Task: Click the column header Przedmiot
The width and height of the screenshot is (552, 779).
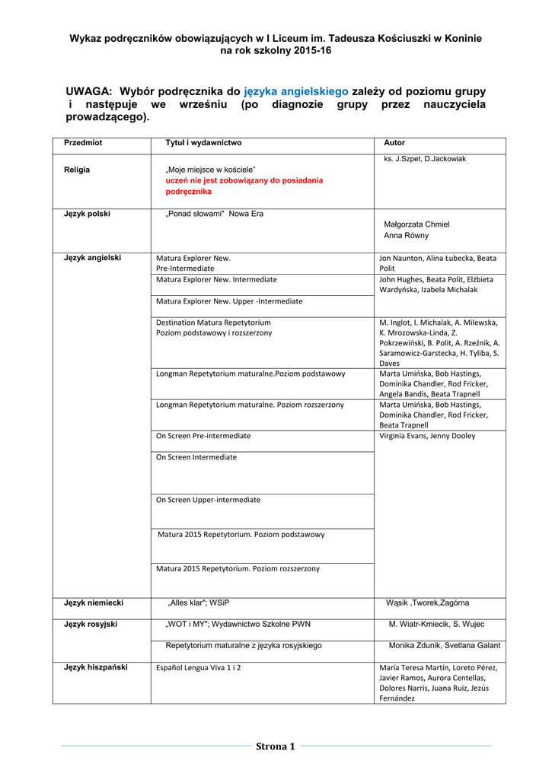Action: click(x=83, y=143)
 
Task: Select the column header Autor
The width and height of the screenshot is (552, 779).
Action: click(x=394, y=143)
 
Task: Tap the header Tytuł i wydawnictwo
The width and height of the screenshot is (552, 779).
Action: click(x=203, y=143)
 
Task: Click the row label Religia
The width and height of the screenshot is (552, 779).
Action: click(x=77, y=170)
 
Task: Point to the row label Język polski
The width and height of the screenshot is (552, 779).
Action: click(x=87, y=214)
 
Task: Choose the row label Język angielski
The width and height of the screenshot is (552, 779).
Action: click(x=92, y=258)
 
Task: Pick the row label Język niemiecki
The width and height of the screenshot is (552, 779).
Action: click(x=94, y=603)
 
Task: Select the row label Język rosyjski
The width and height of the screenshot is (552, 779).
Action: click(x=91, y=624)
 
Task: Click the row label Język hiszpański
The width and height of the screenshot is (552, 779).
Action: click(x=95, y=667)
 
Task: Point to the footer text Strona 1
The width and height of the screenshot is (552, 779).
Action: click(x=276, y=746)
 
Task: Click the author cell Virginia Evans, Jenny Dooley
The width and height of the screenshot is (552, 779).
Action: click(x=427, y=436)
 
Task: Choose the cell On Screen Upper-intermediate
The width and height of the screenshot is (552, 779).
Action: click(x=208, y=500)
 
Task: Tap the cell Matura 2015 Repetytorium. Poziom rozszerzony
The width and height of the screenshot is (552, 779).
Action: click(x=238, y=568)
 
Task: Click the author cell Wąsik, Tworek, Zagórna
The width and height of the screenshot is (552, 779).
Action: click(x=433, y=603)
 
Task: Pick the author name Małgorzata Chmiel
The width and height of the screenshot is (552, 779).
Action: click(x=416, y=224)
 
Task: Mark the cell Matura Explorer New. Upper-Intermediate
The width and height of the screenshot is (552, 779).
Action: click(x=229, y=301)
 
